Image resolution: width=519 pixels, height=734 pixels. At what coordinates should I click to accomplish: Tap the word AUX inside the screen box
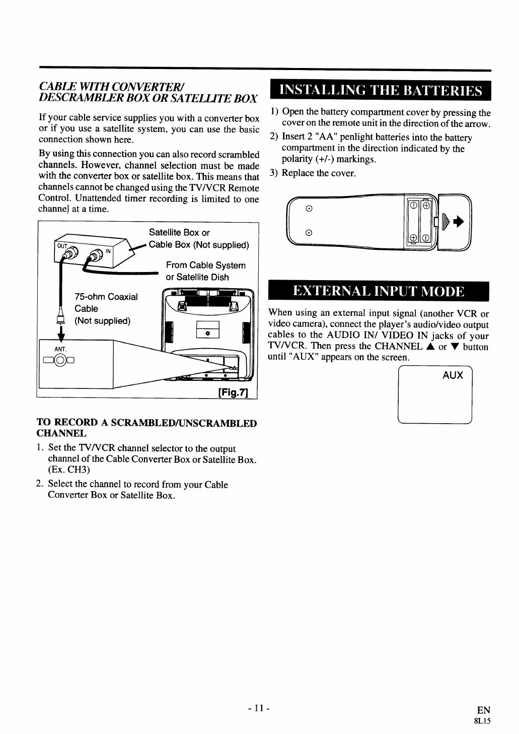pos(453,375)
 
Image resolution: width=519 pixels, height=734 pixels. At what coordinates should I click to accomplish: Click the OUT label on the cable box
pos(61,246)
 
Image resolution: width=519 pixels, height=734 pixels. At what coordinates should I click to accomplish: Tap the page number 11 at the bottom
pos(259,708)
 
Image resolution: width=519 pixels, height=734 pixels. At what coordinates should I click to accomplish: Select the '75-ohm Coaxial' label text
pos(106,297)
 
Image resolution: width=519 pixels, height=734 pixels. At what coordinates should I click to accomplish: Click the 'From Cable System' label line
pos(206,265)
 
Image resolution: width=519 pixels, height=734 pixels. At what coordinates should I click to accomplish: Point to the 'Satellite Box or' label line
pos(179,233)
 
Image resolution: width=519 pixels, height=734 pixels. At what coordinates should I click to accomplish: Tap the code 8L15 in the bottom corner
pos(482,720)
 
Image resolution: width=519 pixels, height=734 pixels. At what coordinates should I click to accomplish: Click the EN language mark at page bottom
pos(483,710)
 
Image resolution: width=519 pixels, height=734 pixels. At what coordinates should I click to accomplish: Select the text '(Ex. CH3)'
pos(69,470)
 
